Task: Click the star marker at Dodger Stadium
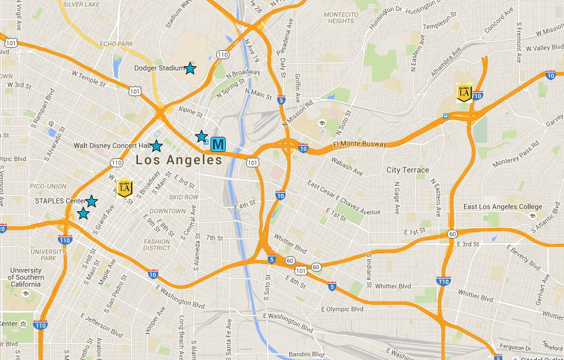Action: pos(189,68)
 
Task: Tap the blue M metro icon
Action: pos(218,144)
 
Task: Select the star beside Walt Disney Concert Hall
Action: pos(156,146)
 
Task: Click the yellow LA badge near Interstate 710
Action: pos(464,93)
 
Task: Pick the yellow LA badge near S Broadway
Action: pos(125,188)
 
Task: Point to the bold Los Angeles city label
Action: pos(179,160)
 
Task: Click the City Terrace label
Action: pos(408,170)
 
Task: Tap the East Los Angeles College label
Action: pos(503,207)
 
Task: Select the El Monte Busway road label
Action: pos(360,144)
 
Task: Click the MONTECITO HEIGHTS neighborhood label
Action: pos(341,18)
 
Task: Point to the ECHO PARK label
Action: pos(116,44)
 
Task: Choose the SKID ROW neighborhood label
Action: pos(184,197)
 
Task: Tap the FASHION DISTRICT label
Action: pos(157,245)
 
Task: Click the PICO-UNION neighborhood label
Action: pos(47,186)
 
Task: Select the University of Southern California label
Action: pos(26,277)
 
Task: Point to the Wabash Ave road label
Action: pos(346,170)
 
